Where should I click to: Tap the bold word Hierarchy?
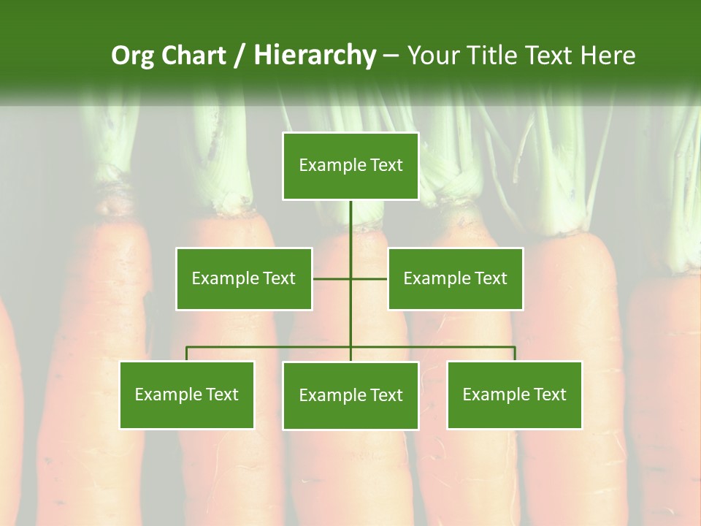click(315, 56)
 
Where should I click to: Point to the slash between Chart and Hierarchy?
click(240, 56)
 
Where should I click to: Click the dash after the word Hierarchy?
click(391, 56)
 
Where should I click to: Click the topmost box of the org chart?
click(350, 166)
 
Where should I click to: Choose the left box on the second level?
click(244, 278)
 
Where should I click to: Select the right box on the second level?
click(455, 278)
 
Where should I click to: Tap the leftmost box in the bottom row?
click(187, 394)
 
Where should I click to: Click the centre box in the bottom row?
click(350, 395)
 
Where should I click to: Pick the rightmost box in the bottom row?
click(514, 394)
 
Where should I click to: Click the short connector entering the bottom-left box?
click(187, 354)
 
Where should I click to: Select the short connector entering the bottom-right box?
click(514, 354)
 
